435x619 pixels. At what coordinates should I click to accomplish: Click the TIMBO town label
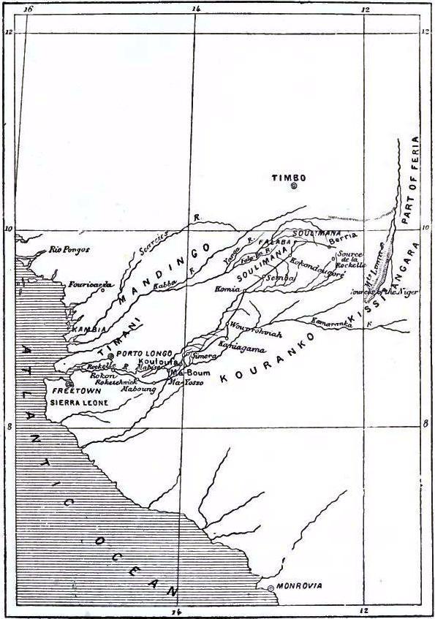pos(288,178)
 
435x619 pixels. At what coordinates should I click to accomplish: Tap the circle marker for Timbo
pos(293,186)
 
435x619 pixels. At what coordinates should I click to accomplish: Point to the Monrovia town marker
pos(271,588)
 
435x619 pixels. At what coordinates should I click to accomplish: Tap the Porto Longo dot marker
pos(111,355)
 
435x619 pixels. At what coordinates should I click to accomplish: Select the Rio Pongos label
pos(69,249)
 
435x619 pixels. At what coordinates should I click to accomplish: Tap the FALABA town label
pos(274,240)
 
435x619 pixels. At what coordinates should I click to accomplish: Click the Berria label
pos(343,237)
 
